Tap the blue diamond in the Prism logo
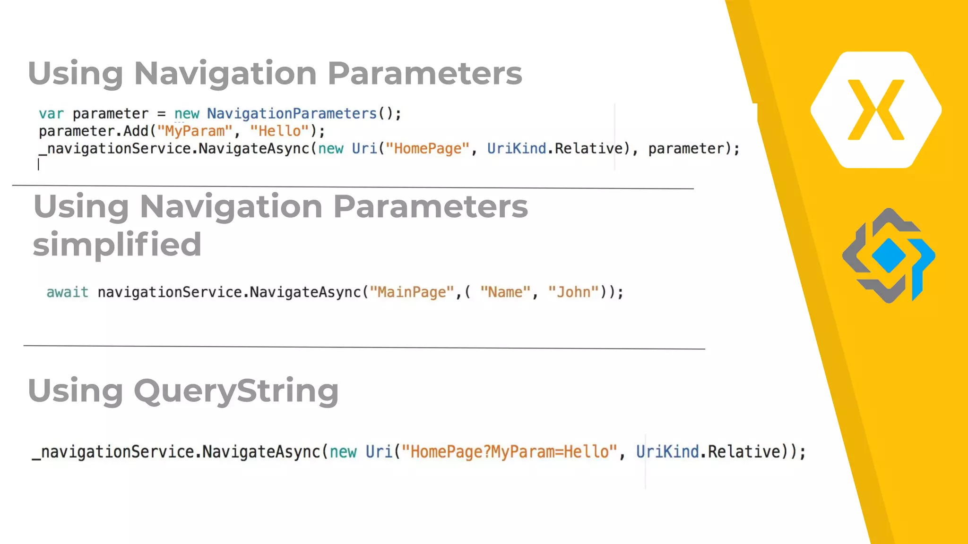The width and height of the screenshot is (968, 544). [889, 255]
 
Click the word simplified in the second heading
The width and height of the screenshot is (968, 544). [117, 244]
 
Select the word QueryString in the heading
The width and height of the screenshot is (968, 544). [236, 391]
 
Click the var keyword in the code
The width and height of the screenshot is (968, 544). [51, 114]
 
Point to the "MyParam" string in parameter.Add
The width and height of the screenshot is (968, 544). [195, 131]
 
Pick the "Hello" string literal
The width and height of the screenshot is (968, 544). [279, 131]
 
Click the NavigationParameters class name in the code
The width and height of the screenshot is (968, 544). [292, 114]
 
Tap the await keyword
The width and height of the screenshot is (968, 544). [67, 292]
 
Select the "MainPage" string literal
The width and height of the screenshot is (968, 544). [412, 292]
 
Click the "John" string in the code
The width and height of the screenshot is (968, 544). [573, 292]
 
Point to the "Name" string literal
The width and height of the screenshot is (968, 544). [505, 292]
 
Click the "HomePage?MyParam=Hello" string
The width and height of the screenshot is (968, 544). [509, 452]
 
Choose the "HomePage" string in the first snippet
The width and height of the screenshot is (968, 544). [428, 149]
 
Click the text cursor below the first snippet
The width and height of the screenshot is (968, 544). [38, 164]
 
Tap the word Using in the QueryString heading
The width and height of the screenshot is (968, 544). [76, 391]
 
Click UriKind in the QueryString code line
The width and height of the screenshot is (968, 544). [667, 452]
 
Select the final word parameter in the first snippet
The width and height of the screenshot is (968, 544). [686, 149]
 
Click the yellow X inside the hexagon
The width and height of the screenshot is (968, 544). [876, 110]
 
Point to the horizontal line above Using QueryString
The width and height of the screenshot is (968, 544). [364, 347]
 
